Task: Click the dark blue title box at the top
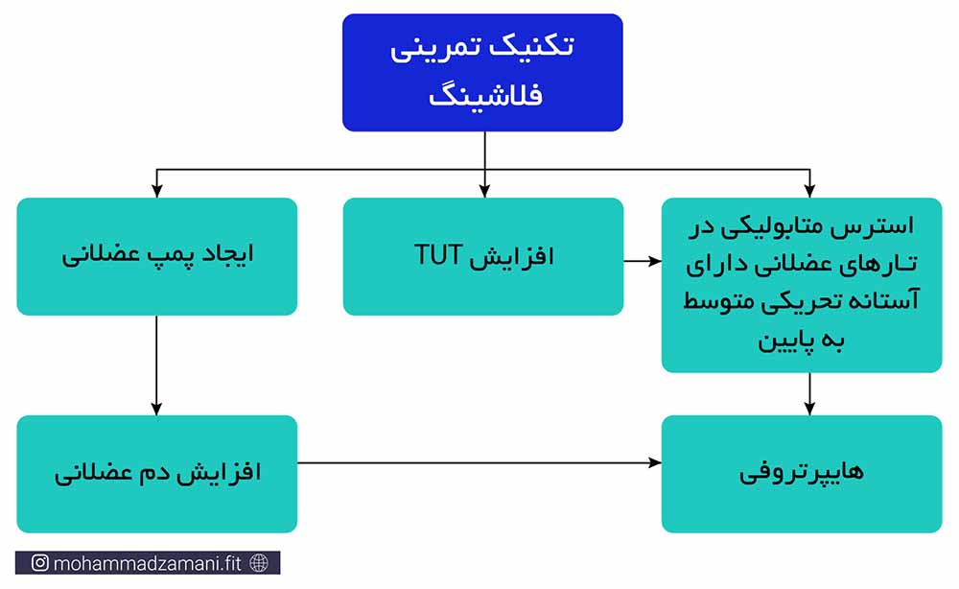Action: (x=482, y=72)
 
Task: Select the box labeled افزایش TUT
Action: (x=483, y=256)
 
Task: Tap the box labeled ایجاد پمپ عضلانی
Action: (x=157, y=256)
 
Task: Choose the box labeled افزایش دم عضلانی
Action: (x=157, y=474)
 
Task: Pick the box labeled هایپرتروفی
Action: (x=802, y=474)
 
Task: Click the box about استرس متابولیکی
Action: (x=802, y=285)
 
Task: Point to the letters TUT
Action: (x=438, y=255)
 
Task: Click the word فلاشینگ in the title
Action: (x=485, y=96)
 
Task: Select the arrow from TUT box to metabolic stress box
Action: (x=643, y=261)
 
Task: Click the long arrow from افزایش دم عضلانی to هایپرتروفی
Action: (x=479, y=463)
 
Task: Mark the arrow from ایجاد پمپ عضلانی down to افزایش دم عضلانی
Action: (x=156, y=365)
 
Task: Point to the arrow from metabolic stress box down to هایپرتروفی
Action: (x=809, y=394)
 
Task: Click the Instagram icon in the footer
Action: (x=39, y=563)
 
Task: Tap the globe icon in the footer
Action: (x=259, y=563)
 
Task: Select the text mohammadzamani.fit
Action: (x=148, y=563)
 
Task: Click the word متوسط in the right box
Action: (x=710, y=301)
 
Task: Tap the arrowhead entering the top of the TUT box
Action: (x=484, y=192)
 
